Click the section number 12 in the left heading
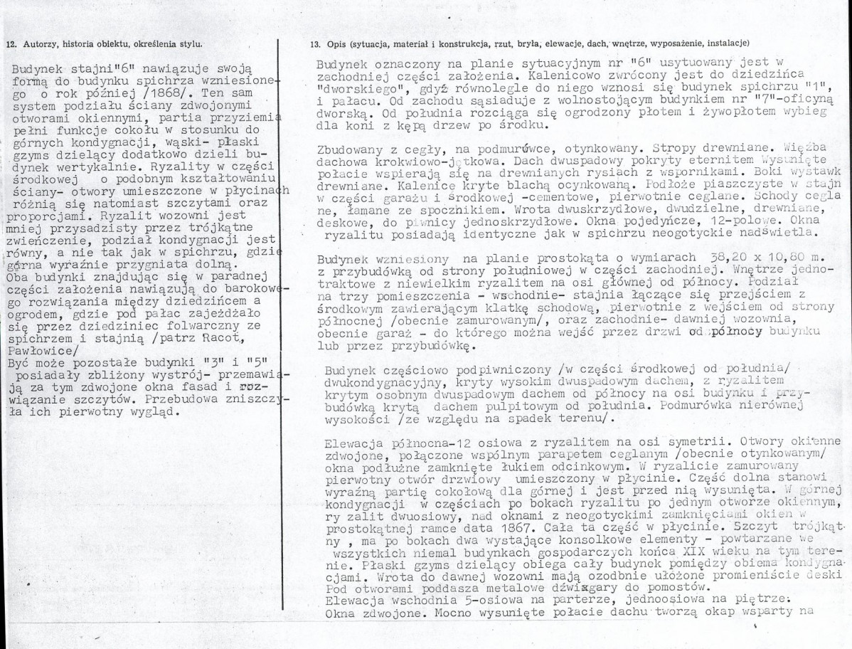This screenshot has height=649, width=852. click(9, 43)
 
